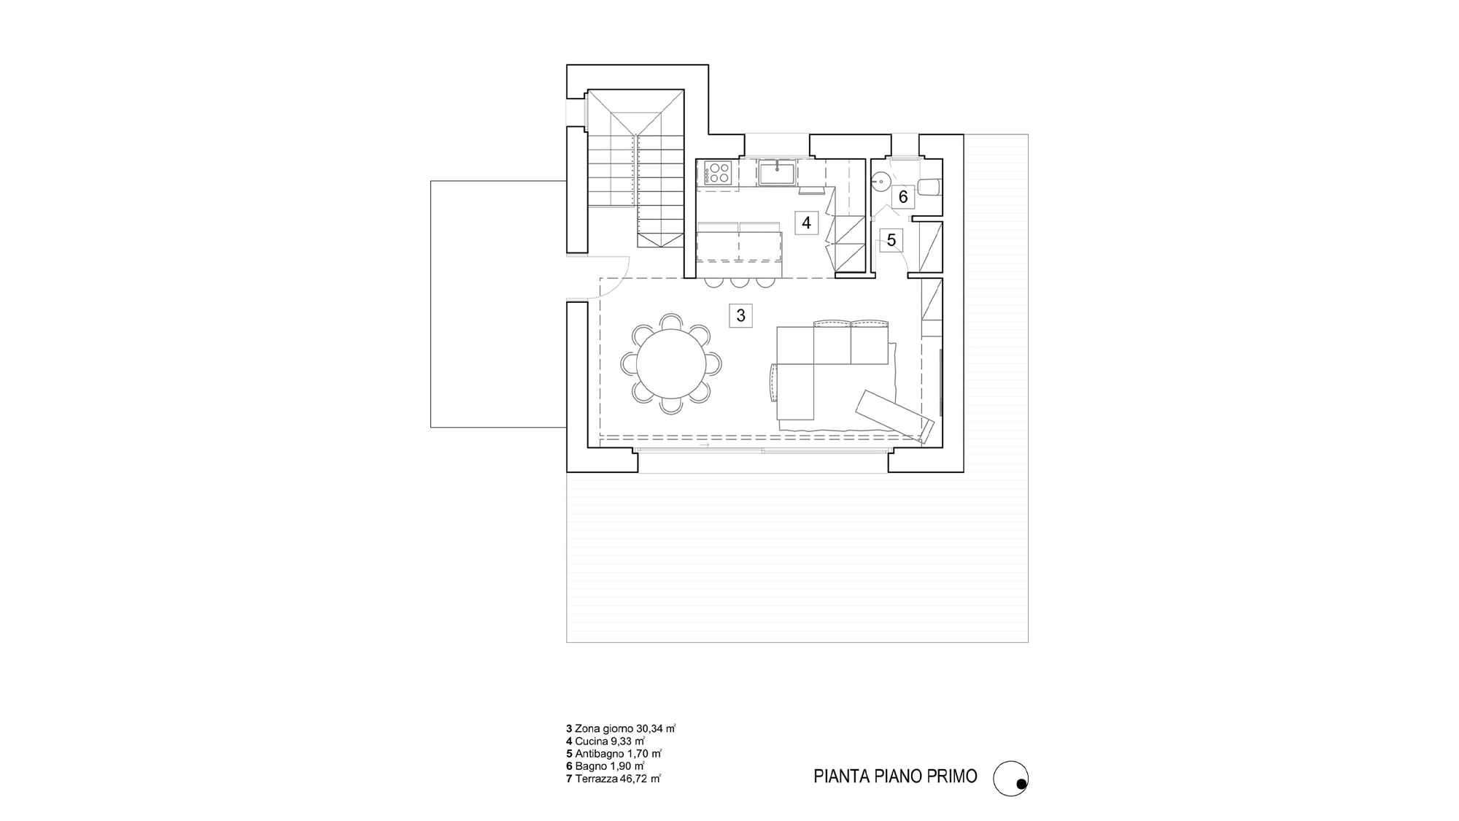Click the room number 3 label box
click(740, 315)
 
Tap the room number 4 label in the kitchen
click(806, 223)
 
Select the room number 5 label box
click(891, 240)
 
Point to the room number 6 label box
click(903, 196)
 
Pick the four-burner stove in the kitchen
click(718, 173)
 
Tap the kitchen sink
click(777, 174)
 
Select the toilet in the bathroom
click(929, 186)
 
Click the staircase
click(636, 169)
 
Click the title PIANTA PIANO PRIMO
click(895, 776)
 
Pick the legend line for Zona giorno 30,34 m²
click(621, 728)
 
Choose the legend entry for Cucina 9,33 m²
click(605, 741)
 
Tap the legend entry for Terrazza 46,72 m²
click(614, 779)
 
